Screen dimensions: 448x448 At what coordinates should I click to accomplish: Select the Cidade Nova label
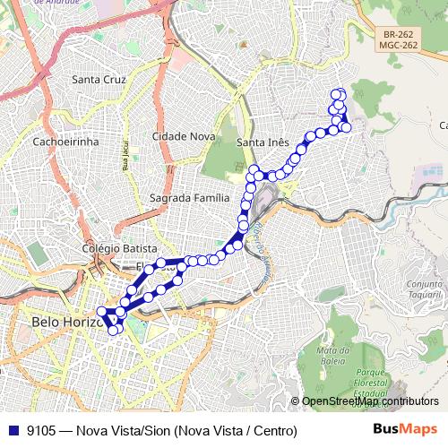click(x=184, y=135)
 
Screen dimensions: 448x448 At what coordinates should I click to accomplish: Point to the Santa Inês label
click(x=262, y=142)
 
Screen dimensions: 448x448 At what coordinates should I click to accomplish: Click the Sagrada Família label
click(x=190, y=197)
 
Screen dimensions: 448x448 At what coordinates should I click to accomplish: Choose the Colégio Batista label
click(x=119, y=248)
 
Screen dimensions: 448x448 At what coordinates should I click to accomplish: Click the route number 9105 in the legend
click(x=41, y=431)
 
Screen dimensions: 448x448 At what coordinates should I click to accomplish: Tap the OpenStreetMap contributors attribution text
click(x=370, y=401)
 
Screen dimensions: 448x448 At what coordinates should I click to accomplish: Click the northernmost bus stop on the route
click(x=338, y=93)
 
